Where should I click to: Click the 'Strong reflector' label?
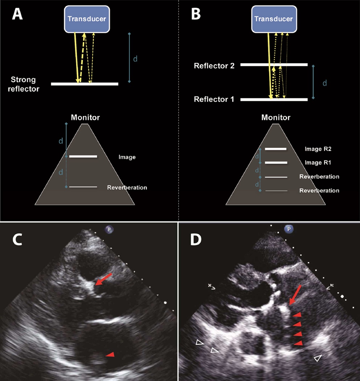[x=25, y=84]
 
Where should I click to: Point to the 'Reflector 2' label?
[x=214, y=66]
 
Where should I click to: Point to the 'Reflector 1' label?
[x=214, y=99]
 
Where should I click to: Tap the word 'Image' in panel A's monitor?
[x=127, y=157]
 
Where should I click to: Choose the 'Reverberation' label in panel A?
[x=127, y=188]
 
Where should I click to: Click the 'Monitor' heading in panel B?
[x=275, y=118]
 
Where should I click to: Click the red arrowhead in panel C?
[x=109, y=357]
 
